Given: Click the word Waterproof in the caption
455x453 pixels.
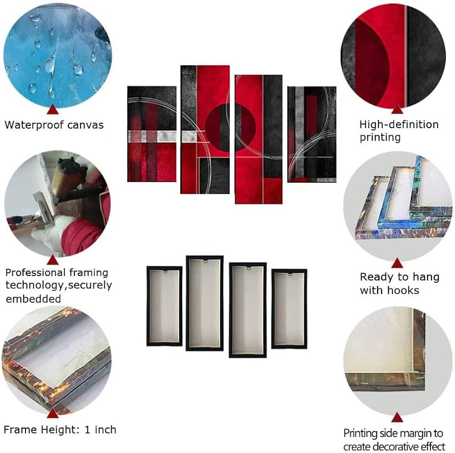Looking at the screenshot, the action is [x=34, y=125].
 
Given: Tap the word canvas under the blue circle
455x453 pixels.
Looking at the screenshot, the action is [x=86, y=125].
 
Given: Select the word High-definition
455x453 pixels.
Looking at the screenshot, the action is [x=399, y=124].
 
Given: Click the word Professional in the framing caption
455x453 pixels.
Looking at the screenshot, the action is [x=35, y=273].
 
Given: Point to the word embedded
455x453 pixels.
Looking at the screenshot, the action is [x=33, y=299].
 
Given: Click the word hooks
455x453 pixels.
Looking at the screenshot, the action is [x=404, y=290].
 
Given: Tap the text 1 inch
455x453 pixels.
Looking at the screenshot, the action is [x=101, y=429].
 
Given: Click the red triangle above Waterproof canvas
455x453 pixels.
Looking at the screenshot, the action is [x=52, y=110].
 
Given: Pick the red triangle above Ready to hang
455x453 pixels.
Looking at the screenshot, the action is [x=397, y=263].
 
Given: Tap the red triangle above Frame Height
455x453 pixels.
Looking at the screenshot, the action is [x=52, y=413].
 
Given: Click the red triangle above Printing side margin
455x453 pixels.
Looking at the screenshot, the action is [x=397, y=418].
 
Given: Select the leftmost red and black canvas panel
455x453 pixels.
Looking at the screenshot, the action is [x=152, y=134].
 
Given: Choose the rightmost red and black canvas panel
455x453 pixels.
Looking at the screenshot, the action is [x=312, y=134].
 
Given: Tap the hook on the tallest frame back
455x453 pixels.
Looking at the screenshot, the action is [x=205, y=261].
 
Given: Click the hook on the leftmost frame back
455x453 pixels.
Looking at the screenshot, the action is [x=165, y=272].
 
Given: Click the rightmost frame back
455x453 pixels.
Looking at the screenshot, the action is [x=289, y=309].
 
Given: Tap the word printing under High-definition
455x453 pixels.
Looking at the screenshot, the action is [x=380, y=137].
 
